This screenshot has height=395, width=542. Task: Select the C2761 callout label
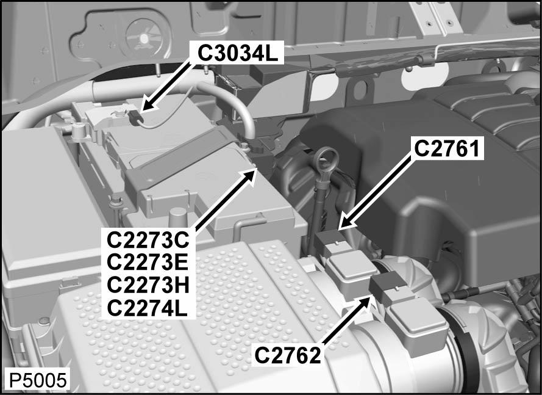(x=447, y=148)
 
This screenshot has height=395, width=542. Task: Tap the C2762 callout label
(x=288, y=355)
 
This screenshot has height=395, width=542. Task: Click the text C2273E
(x=148, y=262)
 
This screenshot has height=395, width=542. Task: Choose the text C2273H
(x=148, y=284)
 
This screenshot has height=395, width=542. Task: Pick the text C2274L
(x=148, y=308)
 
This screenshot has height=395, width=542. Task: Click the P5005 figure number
(x=37, y=380)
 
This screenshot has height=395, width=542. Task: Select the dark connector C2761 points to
(x=329, y=239)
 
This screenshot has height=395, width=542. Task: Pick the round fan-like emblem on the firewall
(x=144, y=37)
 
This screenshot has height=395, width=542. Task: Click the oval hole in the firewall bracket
(x=360, y=90)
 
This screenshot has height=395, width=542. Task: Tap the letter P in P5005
(x=14, y=380)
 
